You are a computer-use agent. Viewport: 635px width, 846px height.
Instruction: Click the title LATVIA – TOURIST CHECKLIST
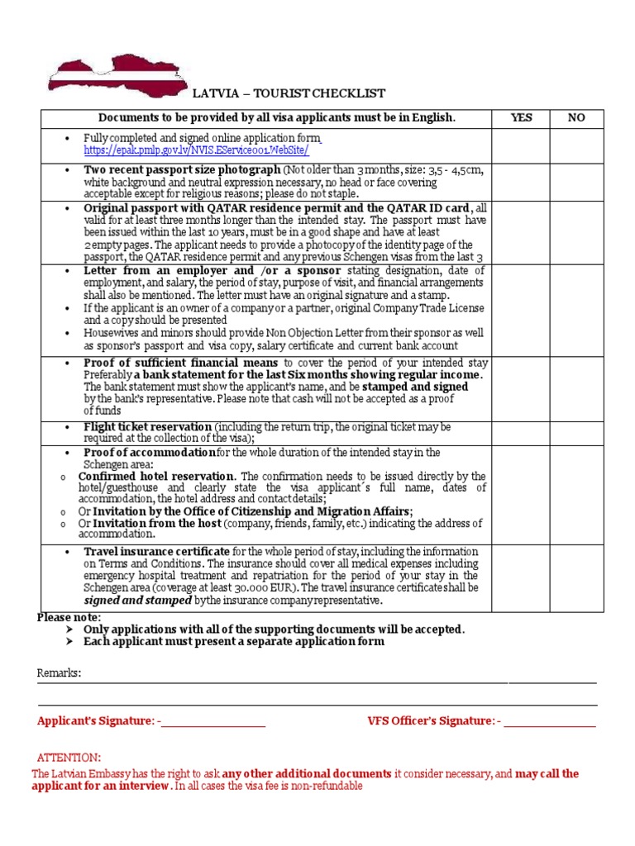click(x=289, y=93)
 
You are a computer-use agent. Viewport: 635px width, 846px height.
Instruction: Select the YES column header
click(x=521, y=118)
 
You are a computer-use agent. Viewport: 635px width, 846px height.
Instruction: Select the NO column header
click(x=576, y=118)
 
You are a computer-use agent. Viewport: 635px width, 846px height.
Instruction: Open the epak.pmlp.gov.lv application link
click(x=197, y=150)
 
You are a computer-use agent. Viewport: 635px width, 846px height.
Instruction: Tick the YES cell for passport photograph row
click(x=521, y=182)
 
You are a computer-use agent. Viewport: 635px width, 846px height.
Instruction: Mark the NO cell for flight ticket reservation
click(x=576, y=432)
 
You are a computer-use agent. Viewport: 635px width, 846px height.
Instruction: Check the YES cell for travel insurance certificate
click(x=521, y=576)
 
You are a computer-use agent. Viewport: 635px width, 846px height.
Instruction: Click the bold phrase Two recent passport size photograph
click(x=183, y=169)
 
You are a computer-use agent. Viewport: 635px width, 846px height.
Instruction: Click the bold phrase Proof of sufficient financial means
click(x=183, y=363)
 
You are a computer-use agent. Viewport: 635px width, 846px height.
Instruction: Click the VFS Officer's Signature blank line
click(x=550, y=721)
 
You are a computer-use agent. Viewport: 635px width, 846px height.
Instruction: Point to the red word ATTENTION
click(x=69, y=758)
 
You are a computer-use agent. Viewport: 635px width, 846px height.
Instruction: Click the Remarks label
click(x=59, y=673)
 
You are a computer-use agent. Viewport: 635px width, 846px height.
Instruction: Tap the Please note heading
click(x=69, y=617)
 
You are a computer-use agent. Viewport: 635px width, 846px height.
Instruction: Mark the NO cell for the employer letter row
click(x=576, y=310)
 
